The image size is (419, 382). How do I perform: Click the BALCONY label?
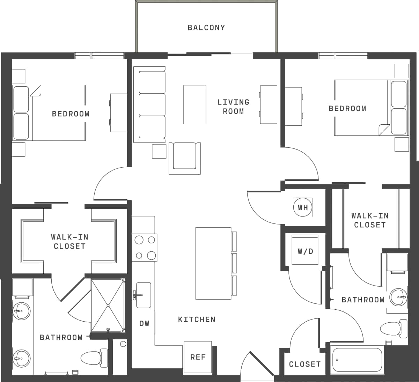coord(206,28)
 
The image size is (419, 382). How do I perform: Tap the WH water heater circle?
coord(303,207)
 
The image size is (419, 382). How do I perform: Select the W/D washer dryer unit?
coord(305,250)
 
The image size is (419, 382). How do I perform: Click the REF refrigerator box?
coord(198,357)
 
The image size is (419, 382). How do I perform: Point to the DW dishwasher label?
coord(144,324)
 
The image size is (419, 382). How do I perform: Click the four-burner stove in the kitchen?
coord(145,248)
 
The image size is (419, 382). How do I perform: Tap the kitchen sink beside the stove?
coord(143,295)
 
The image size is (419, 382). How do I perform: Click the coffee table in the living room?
coord(194,104)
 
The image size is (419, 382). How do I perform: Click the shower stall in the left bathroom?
coord(108,305)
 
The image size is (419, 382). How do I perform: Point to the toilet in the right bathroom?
coord(393,329)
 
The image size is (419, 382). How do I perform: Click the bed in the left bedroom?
coord(52,113)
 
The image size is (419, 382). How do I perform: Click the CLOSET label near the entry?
coord(304,364)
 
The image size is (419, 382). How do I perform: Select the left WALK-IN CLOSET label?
coord(69,241)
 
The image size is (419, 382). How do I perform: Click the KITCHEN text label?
coord(197,319)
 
